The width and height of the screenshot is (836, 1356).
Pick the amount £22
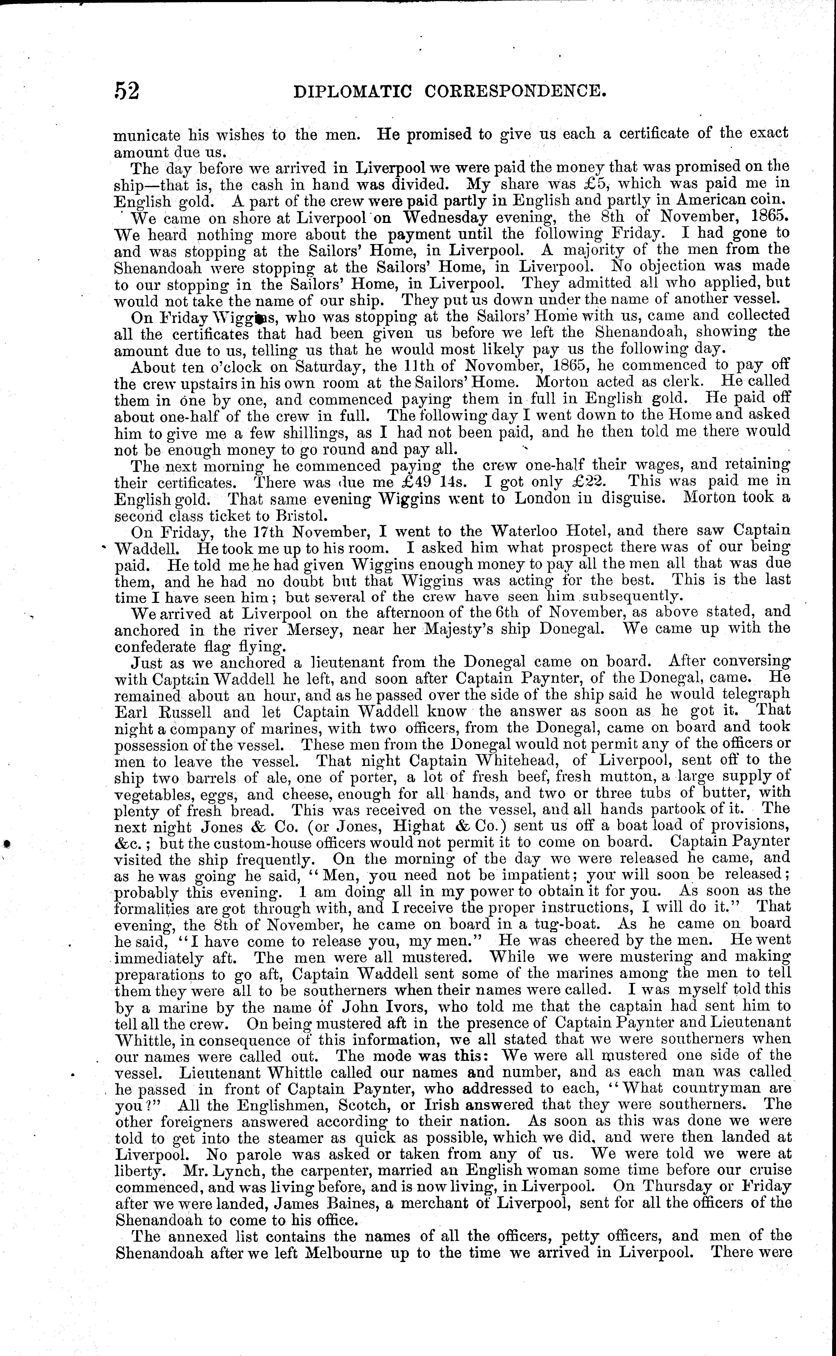588,481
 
